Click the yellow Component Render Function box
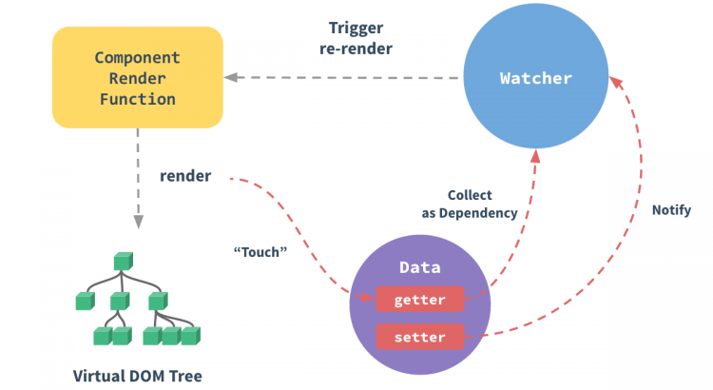(x=138, y=77)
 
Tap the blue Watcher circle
(x=535, y=76)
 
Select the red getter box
(x=419, y=299)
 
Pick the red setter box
(x=419, y=337)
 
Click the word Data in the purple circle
(x=419, y=267)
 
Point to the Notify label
(x=671, y=210)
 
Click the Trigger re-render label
(x=356, y=38)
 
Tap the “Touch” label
(x=260, y=252)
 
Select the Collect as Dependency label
(x=470, y=204)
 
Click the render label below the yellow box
(x=185, y=176)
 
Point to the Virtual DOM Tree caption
(x=137, y=376)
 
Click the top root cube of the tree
(x=124, y=262)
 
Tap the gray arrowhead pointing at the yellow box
(x=231, y=77)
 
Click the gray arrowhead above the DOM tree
(x=138, y=222)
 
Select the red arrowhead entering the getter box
(x=367, y=297)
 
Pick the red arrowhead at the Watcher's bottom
(x=535, y=156)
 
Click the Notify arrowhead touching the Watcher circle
(x=615, y=82)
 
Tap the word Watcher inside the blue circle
(x=535, y=78)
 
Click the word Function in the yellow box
(x=138, y=99)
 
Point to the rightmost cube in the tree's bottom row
(x=190, y=336)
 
